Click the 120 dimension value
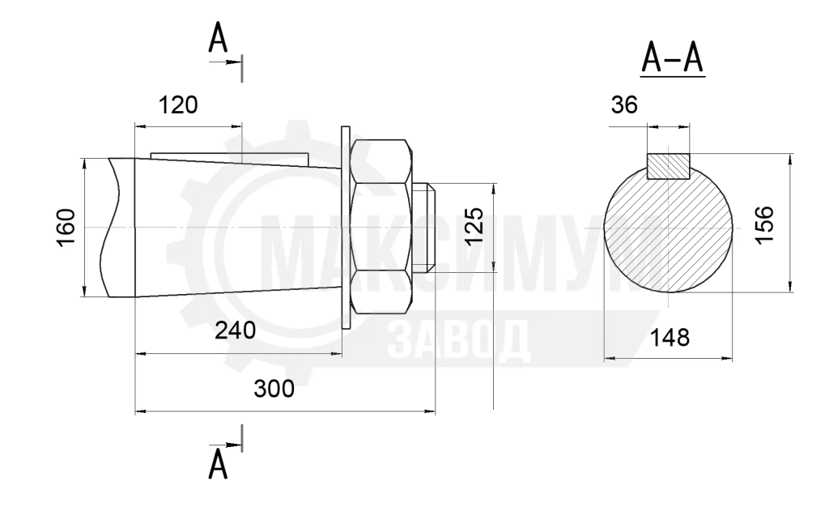[x=179, y=105]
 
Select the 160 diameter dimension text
[x=66, y=228]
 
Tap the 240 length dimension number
[x=236, y=330]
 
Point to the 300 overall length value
[x=274, y=389]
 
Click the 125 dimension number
[x=474, y=226]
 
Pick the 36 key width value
[x=624, y=105]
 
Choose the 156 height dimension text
[x=764, y=224]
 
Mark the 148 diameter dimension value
[x=670, y=337]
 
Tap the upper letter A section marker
[x=218, y=39]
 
